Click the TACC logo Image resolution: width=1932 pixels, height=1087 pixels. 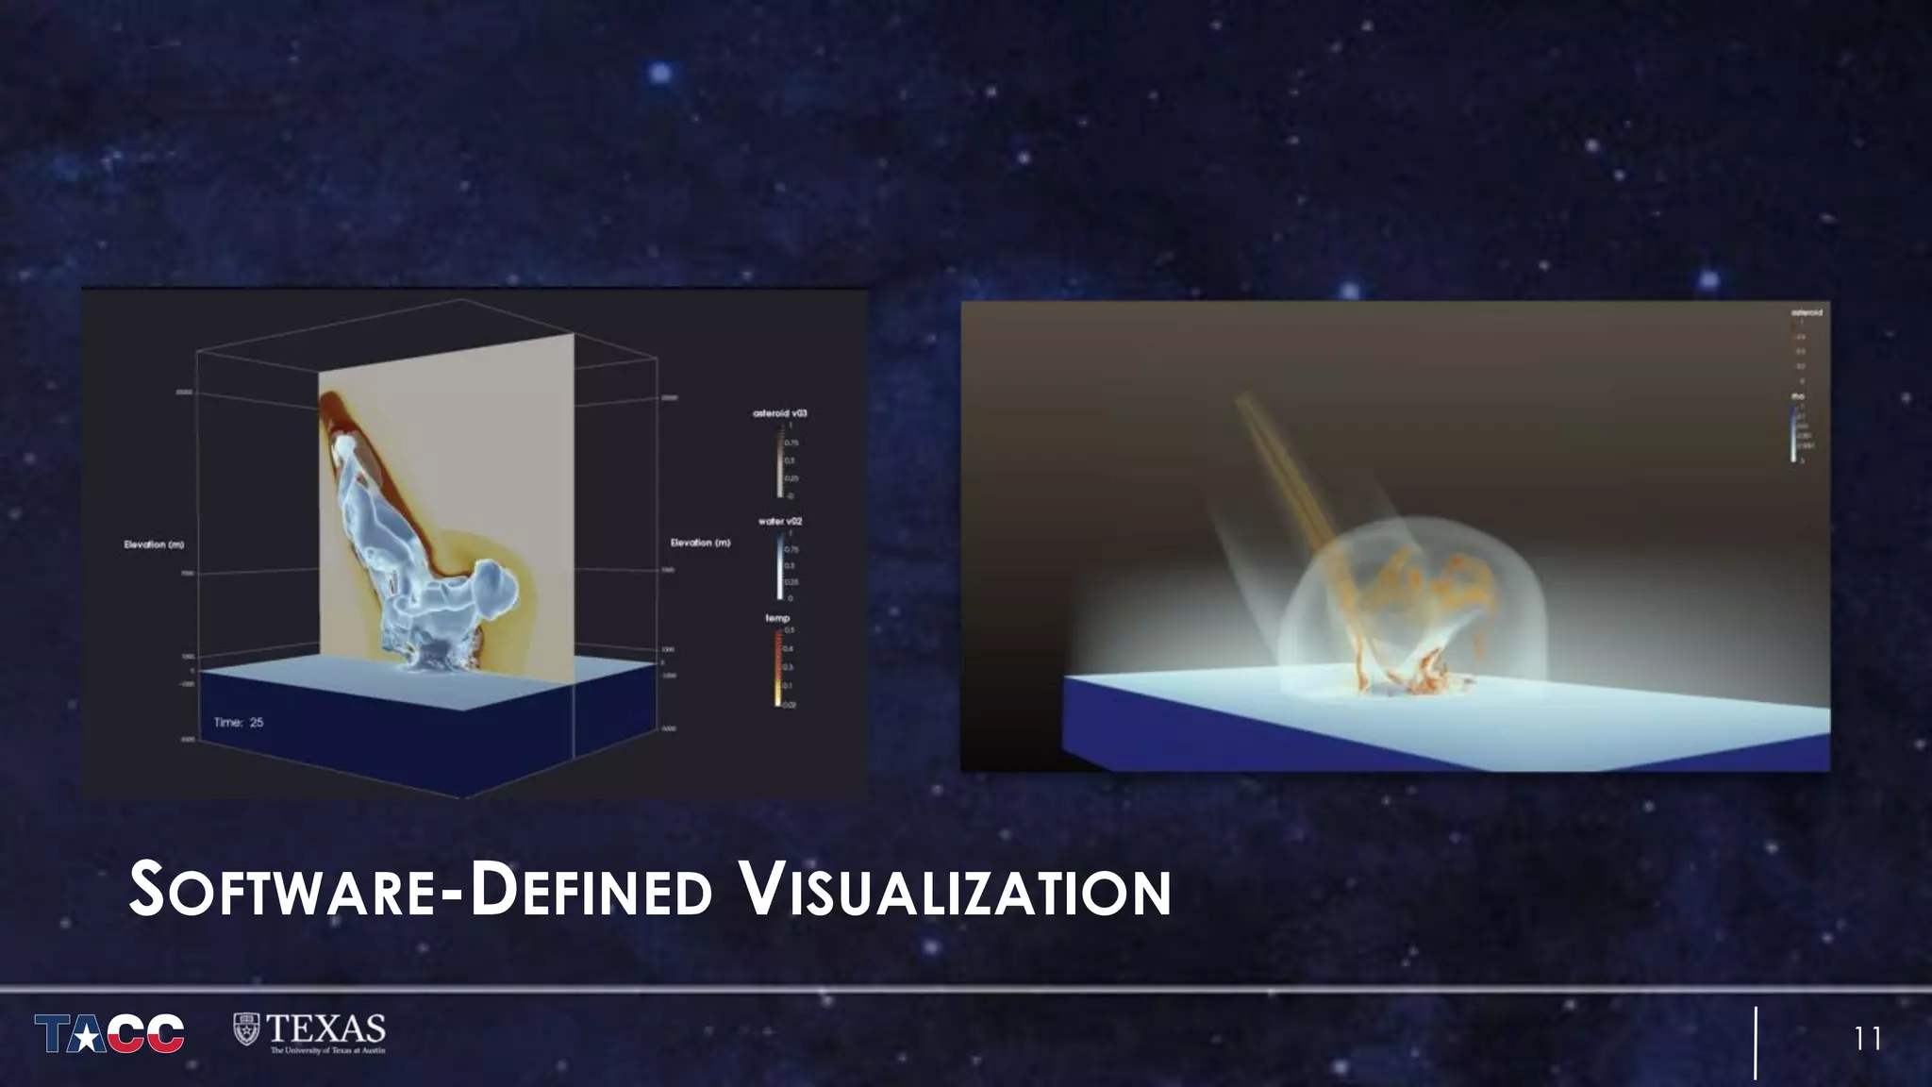click(109, 1033)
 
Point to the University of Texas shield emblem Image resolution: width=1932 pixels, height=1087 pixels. click(246, 1028)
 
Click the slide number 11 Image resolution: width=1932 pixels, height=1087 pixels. click(1868, 1039)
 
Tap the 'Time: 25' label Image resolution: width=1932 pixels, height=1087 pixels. click(239, 722)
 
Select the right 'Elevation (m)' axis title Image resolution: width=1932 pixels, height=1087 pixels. click(700, 543)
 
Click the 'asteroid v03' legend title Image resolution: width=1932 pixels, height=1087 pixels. click(780, 413)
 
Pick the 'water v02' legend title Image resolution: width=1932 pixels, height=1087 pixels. click(780, 521)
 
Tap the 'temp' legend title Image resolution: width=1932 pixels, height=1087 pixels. click(777, 618)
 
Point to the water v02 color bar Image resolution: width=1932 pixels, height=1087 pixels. click(780, 565)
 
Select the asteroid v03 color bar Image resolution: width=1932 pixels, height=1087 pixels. click(780, 460)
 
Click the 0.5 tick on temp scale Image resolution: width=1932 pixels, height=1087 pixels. click(790, 629)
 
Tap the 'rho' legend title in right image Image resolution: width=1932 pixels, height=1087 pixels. click(1798, 396)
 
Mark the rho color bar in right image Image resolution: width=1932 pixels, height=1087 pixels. click(1792, 434)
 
